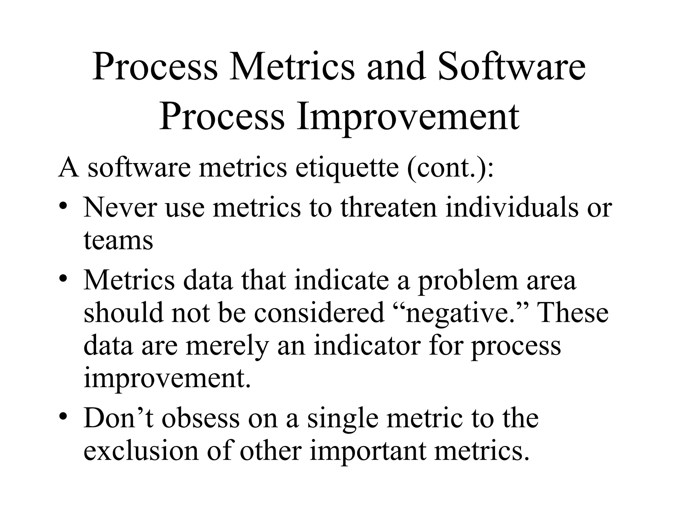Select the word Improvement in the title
[407, 117]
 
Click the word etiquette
[347, 167]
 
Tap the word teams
[118, 240]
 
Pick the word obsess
[201, 418]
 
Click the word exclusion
[141, 451]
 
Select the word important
[368, 452]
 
